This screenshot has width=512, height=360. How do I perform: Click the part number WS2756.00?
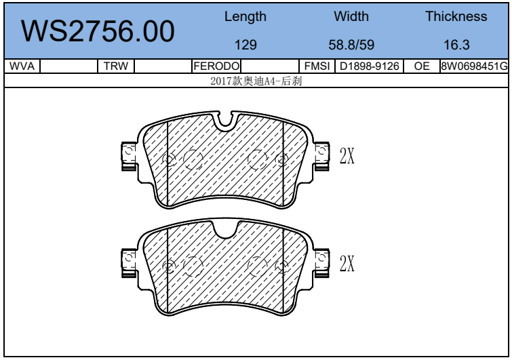[98, 31]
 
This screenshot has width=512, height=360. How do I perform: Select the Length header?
[245, 17]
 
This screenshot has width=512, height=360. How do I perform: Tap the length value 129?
[245, 45]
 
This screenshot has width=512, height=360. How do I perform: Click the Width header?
[351, 16]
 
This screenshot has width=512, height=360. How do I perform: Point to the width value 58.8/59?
[351, 45]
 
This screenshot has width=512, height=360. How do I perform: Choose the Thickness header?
[456, 16]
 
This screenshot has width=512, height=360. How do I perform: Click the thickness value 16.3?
[456, 45]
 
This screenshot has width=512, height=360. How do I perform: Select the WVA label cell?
[22, 66]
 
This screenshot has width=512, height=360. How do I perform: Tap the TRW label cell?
[116, 66]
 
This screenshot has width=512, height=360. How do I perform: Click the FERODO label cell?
[216, 66]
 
